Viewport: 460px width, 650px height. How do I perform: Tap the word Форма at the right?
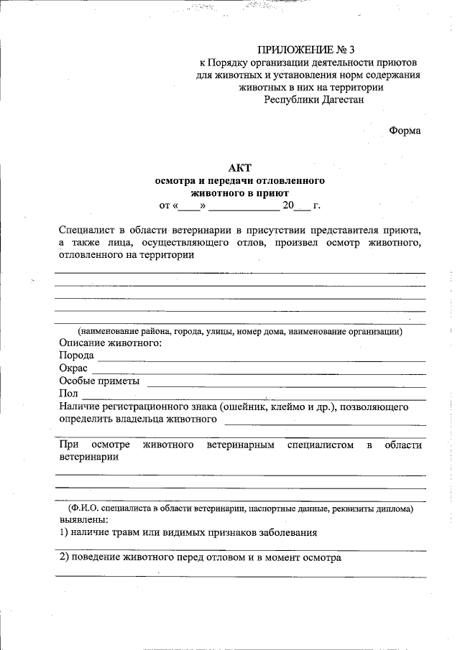[x=405, y=131]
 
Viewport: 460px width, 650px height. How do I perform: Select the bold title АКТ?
[x=239, y=167]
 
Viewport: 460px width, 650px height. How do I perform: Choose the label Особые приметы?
[x=99, y=381]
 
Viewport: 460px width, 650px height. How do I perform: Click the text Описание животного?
[x=110, y=343]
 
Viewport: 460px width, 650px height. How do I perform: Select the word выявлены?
[x=84, y=519]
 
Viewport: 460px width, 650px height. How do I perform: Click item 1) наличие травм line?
[x=188, y=532]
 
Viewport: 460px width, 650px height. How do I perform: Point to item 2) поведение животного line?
[x=200, y=557]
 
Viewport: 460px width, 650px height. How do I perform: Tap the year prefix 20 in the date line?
[x=288, y=205]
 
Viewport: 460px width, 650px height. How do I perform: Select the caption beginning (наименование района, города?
[x=240, y=331]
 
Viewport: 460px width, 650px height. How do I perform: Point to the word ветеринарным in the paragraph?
[x=241, y=445]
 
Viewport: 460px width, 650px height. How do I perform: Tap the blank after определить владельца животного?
[x=323, y=419]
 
